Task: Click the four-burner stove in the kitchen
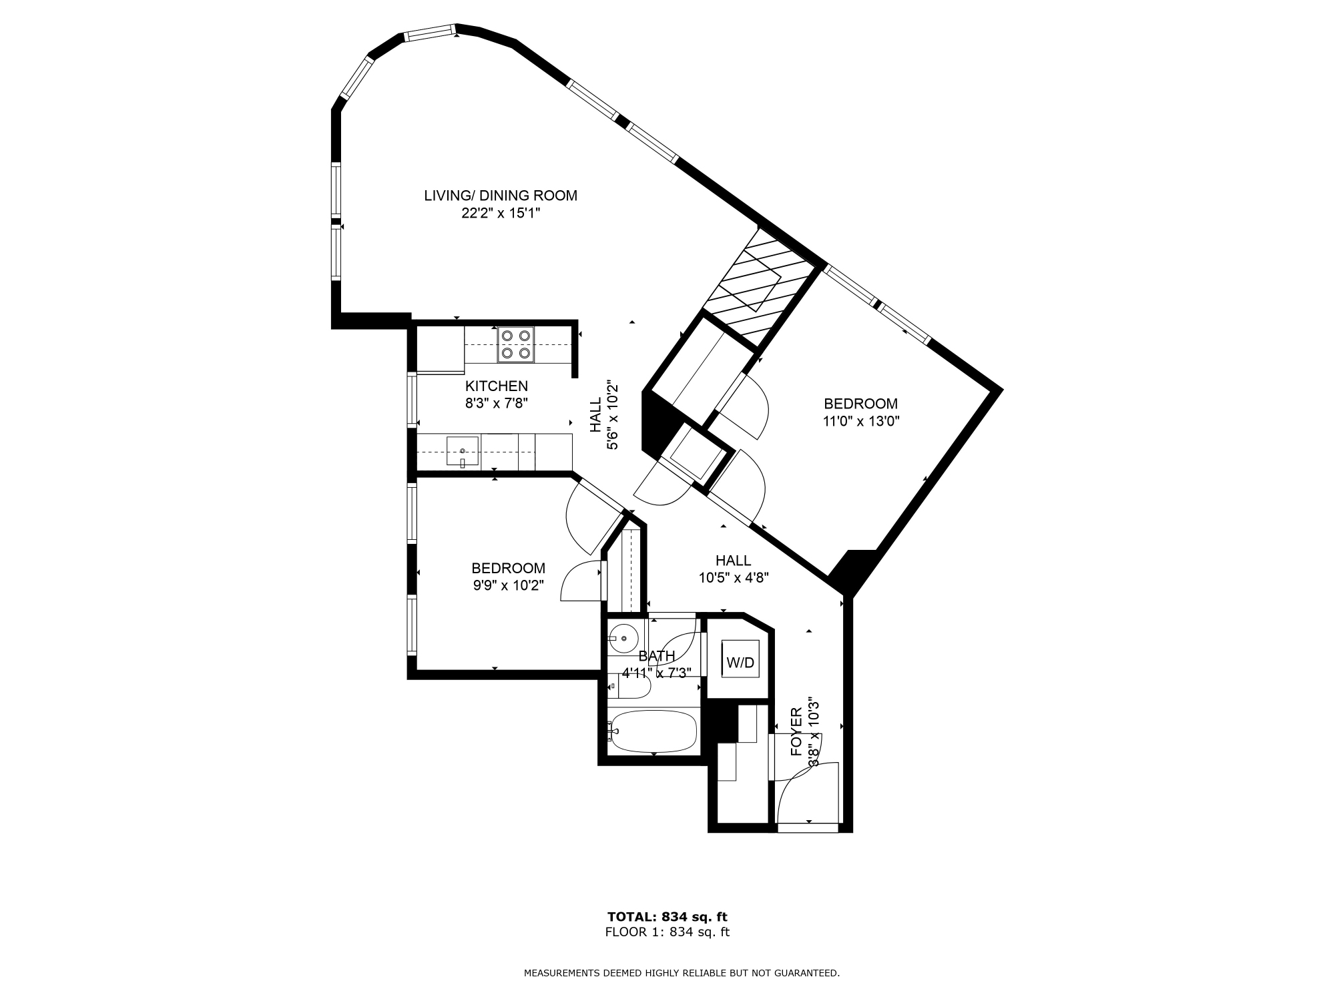(x=516, y=344)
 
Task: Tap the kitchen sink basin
(x=462, y=452)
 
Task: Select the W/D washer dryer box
(x=740, y=662)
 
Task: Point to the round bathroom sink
(x=624, y=639)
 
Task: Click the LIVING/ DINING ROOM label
(x=501, y=196)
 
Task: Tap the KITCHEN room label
(x=497, y=386)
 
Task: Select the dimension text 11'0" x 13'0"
(x=861, y=421)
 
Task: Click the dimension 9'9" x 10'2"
(x=509, y=585)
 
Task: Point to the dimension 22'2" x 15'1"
(x=501, y=213)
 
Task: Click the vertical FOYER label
(x=796, y=731)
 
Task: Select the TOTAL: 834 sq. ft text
(x=667, y=916)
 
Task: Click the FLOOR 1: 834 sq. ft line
(x=667, y=932)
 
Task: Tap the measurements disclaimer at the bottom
(x=682, y=973)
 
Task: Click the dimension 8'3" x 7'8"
(x=497, y=403)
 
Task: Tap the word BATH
(x=657, y=656)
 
